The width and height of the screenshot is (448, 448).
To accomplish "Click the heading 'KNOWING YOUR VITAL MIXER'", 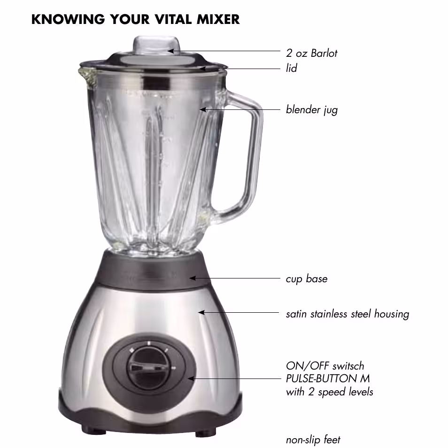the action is [x=135, y=19].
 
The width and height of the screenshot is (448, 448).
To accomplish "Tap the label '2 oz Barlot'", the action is [x=311, y=53].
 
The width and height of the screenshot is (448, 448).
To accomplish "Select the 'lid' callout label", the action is [x=292, y=68].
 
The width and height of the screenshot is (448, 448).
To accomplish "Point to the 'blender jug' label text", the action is [x=312, y=110].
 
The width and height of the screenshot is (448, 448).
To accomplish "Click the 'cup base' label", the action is [x=307, y=279].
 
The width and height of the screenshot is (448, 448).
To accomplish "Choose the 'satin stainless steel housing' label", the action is [x=348, y=314].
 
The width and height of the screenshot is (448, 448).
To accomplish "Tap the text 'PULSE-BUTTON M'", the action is [x=328, y=378].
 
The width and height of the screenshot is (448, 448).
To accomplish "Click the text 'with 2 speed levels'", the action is [x=330, y=392].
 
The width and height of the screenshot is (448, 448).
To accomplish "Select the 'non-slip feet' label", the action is [x=313, y=440].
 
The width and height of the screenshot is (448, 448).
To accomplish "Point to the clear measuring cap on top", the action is [x=156, y=46].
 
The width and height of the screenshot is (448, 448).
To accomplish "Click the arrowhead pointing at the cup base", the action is [x=192, y=278].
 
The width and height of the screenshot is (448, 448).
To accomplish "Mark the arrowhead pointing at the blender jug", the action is [x=202, y=109].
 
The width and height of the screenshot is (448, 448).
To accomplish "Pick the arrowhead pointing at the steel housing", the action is [x=201, y=313].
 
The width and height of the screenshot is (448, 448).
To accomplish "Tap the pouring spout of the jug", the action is [x=88, y=76].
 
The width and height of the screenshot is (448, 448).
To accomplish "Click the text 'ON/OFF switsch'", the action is [x=325, y=366].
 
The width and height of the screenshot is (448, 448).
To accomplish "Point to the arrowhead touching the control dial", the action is [x=191, y=379].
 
